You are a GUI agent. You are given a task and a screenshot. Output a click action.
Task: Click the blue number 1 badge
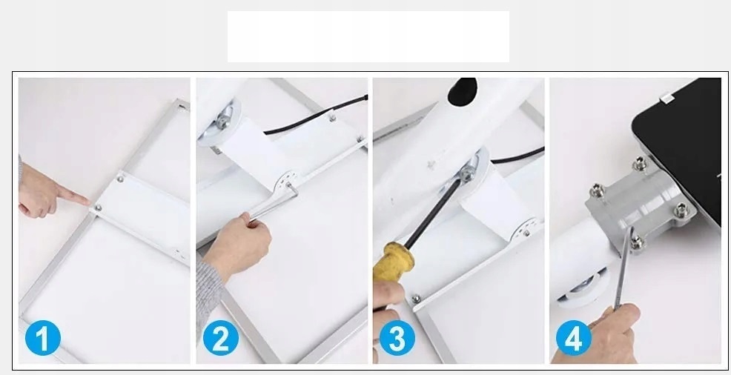point(42,338)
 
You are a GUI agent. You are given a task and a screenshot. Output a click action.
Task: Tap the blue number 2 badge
point(220,338)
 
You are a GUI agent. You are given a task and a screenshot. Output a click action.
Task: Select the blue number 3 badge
point(397,338)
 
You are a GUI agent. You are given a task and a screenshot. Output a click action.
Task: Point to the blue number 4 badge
point(573,338)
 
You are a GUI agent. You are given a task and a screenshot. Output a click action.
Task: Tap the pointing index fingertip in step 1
point(87,201)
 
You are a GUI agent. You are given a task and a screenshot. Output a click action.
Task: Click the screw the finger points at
point(98,208)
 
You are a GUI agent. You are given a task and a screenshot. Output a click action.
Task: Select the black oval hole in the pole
point(462,91)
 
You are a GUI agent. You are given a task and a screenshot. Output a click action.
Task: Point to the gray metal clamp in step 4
point(641,205)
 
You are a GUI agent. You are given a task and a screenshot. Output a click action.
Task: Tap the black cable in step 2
point(315,115)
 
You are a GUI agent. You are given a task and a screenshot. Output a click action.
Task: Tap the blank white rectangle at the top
point(368,37)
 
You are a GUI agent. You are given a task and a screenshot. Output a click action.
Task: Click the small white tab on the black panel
point(666,99)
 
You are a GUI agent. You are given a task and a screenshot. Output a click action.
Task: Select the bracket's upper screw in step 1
point(121,178)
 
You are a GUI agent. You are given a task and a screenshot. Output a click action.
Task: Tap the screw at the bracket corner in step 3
point(416,299)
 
